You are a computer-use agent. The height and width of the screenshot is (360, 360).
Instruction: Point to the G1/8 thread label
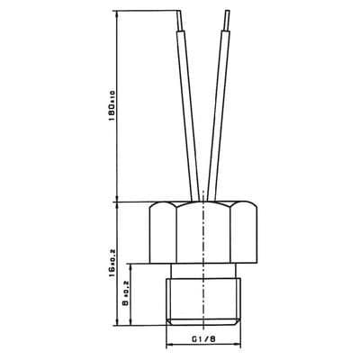206,339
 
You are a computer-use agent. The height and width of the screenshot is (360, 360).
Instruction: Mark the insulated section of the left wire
190,108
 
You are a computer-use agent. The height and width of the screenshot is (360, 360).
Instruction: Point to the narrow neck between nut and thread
206,267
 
